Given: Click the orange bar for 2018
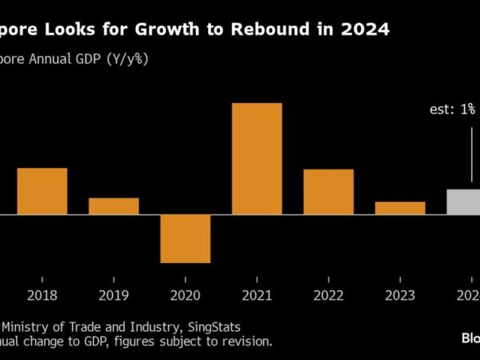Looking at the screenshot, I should click(42, 191).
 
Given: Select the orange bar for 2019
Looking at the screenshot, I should click(114, 206).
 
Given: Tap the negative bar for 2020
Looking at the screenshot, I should click(185, 238).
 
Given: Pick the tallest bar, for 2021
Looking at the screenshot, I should click(257, 158).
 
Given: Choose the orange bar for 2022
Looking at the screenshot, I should click(328, 192).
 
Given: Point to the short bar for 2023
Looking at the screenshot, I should click(400, 208).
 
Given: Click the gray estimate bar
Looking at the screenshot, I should click(463, 202).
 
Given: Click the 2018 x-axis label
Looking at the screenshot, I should click(42, 295).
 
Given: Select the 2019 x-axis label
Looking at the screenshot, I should click(114, 295).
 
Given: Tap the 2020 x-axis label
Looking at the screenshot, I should click(185, 295).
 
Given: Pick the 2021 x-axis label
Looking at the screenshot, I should click(257, 295).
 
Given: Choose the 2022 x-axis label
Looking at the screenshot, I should click(328, 295).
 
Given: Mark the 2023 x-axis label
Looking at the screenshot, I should click(400, 295).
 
